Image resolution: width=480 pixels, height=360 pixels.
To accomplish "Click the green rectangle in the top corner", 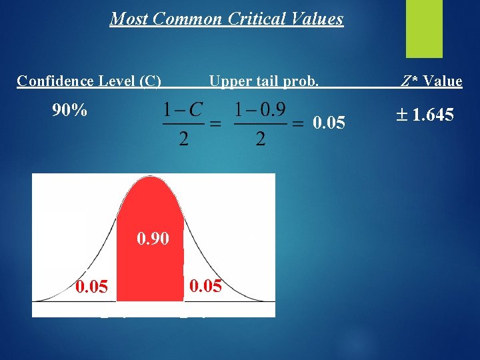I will pyautogui.click(x=424, y=28).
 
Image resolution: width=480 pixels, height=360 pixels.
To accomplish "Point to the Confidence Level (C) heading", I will pyautogui.click(x=89, y=81).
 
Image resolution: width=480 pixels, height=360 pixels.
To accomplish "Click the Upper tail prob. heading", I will pyautogui.click(x=264, y=81).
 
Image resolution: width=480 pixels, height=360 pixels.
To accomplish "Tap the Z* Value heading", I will pyautogui.click(x=431, y=81).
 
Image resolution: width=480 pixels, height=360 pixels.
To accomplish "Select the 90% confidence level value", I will pyautogui.click(x=69, y=110).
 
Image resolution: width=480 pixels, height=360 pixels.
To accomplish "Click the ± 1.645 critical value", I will pyautogui.click(x=425, y=115).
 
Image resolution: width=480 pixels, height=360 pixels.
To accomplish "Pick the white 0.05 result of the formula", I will pyautogui.click(x=329, y=123).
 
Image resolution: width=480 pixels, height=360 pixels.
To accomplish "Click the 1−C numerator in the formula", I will pyautogui.click(x=183, y=110).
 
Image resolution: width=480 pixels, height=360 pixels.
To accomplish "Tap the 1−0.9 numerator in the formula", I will pyautogui.click(x=260, y=110).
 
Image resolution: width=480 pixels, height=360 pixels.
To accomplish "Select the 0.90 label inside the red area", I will pyautogui.click(x=153, y=238).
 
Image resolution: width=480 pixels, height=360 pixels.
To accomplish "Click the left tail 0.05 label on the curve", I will pyautogui.click(x=91, y=287).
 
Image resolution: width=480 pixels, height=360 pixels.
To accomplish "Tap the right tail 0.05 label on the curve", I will pyautogui.click(x=206, y=287).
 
